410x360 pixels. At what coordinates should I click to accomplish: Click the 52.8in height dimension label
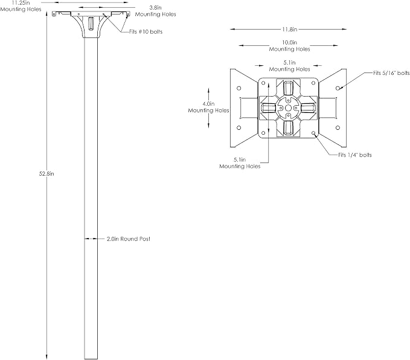coord(46,174)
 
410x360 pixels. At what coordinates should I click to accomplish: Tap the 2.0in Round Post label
coord(129,239)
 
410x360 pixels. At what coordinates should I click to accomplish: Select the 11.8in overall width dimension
coord(289,30)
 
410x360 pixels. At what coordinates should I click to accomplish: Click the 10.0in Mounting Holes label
coord(289,46)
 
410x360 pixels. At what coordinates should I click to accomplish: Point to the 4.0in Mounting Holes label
coord(208,108)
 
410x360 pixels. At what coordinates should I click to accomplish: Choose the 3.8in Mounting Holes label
coord(155,11)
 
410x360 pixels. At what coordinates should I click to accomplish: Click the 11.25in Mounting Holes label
coord(21,6)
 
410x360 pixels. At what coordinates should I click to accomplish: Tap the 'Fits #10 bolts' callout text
coord(146,31)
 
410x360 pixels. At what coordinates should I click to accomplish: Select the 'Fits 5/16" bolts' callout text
coord(391,73)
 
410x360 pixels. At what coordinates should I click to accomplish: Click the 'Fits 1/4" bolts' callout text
coord(355,155)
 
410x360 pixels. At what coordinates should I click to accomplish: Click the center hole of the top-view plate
coord(288,108)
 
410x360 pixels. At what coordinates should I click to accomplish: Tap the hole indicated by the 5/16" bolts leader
coord(338,88)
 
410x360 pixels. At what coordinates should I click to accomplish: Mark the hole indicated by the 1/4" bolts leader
coord(313,133)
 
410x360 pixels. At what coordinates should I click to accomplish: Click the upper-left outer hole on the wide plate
coord(239,88)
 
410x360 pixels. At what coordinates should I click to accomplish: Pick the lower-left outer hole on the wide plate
coord(239,127)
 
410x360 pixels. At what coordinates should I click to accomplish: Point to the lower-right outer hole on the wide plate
coord(338,127)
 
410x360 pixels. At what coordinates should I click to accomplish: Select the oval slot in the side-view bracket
coord(91,24)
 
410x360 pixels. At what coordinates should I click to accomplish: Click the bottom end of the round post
coord(91,359)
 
